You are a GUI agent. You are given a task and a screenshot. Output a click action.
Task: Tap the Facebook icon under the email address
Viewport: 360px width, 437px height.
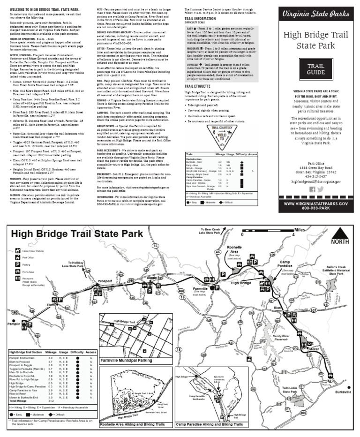(311, 189)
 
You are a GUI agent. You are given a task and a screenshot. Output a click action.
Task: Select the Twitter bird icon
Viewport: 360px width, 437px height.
(320, 189)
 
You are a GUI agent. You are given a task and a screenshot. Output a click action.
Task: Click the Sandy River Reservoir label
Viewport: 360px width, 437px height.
(284, 336)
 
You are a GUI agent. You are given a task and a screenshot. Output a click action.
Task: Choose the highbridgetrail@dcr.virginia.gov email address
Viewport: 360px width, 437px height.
(315, 181)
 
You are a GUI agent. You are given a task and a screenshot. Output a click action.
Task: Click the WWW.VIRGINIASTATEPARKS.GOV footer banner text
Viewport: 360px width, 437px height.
(315, 203)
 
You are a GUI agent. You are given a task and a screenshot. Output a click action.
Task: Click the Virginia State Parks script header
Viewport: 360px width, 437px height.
(315, 14)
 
